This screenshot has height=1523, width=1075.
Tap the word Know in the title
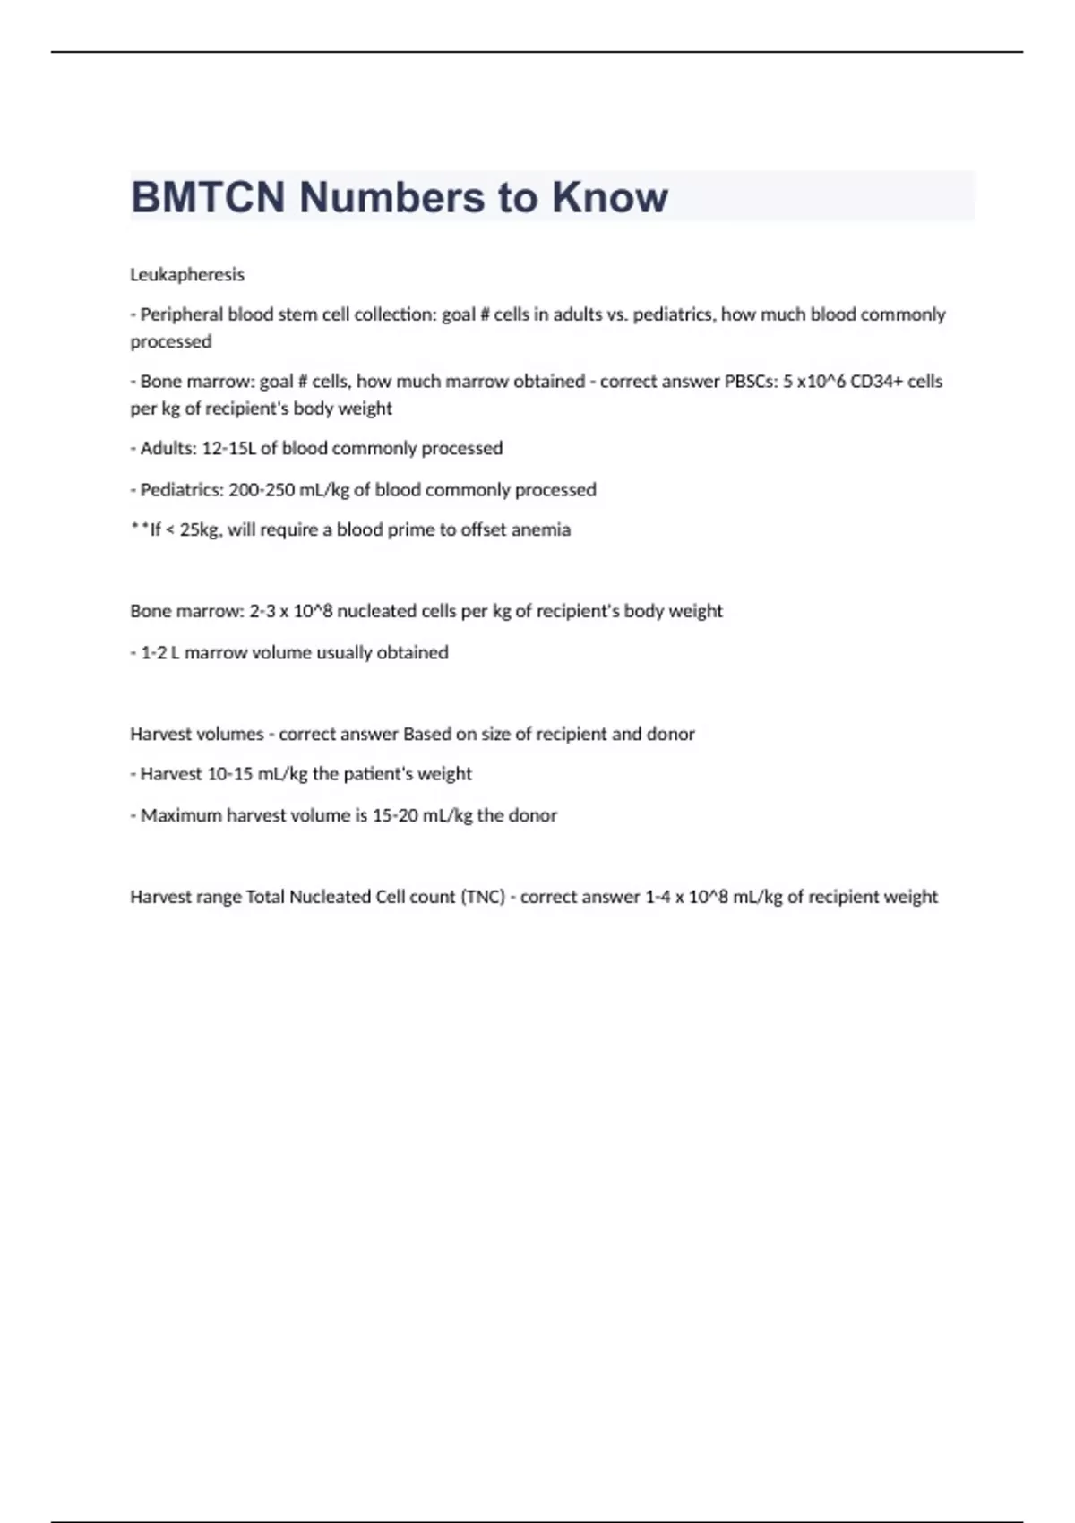point(609,197)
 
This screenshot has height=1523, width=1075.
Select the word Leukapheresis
point(187,274)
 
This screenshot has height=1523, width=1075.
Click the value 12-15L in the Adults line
point(229,448)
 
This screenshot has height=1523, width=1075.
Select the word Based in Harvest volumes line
point(427,734)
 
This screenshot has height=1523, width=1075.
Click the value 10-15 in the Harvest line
point(230,774)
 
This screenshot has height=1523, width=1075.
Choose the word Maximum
point(181,815)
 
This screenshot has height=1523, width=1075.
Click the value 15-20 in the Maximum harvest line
point(395,815)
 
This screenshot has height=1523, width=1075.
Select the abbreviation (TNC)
point(483,897)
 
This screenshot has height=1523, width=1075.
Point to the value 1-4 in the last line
point(658,897)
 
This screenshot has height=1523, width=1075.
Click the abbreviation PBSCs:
point(751,382)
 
